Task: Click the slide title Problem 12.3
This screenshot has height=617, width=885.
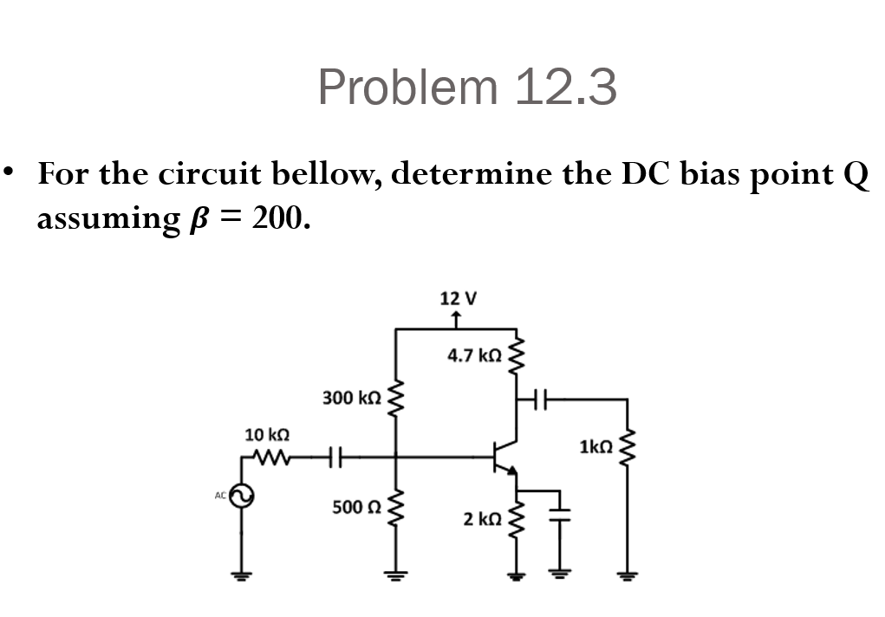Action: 467,88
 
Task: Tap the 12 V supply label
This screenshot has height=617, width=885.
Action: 458,299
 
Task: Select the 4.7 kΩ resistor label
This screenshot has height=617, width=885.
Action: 474,354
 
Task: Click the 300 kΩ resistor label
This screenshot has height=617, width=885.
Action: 351,398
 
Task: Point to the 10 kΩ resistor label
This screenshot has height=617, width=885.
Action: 267,434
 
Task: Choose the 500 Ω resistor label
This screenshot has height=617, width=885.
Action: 356,505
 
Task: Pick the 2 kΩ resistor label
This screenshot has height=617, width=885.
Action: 482,519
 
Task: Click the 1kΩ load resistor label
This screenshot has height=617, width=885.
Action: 596,447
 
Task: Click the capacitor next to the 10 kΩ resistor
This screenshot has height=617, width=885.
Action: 337,454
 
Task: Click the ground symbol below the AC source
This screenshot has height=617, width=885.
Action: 243,576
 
